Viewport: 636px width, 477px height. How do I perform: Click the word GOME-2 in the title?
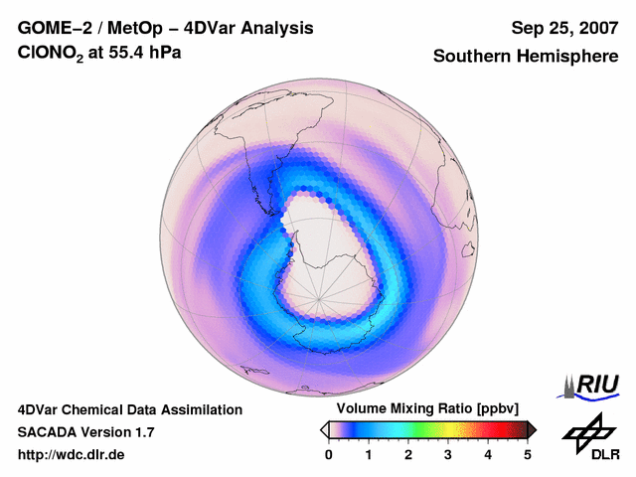coord(50,28)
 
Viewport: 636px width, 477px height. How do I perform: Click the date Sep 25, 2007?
coord(564,28)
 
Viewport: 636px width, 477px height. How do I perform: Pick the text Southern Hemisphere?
coord(525,57)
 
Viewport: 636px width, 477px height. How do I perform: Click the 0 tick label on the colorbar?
coord(329,454)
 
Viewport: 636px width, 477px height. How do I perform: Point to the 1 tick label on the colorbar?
coord(369,454)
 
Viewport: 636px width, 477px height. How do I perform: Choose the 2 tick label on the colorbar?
coord(408,454)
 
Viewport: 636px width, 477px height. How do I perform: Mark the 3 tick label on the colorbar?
coord(448,454)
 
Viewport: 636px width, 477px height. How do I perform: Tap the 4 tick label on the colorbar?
coord(488,454)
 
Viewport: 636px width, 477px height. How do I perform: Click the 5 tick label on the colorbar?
coord(528,454)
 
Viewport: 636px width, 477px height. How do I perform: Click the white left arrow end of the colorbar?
coord(324,429)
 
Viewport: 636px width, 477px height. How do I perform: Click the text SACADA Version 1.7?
coord(85,432)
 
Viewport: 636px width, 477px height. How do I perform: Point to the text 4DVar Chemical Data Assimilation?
coord(129,409)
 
